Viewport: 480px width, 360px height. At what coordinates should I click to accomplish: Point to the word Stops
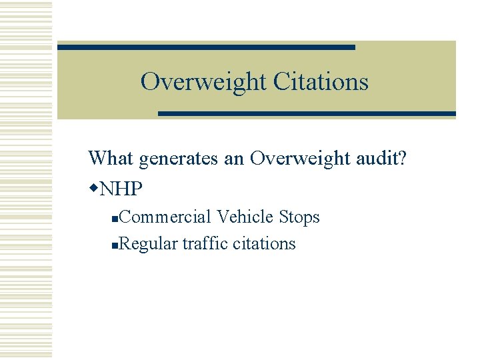299,218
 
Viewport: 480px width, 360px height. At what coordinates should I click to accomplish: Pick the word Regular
149,244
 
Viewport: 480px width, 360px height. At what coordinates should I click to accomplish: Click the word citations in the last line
264,244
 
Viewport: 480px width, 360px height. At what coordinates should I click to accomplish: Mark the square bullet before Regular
116,246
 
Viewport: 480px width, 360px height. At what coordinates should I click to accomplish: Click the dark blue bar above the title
206,47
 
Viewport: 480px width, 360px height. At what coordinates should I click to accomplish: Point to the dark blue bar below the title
307,114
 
